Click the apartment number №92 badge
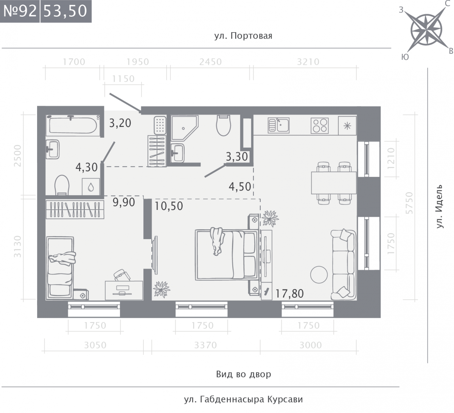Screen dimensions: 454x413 [x=20, y=11]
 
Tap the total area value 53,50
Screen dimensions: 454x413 [x=65, y=11]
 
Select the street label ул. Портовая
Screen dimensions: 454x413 [x=243, y=36]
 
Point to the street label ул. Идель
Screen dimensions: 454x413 [x=439, y=206]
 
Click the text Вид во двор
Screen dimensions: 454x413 [x=244, y=374]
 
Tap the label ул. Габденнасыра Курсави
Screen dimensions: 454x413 [x=243, y=399]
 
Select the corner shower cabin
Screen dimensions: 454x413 [x=185, y=128]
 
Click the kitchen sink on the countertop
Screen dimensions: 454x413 [x=278, y=125]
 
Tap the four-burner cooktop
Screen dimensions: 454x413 [x=320, y=125]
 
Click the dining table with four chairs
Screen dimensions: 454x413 [x=334, y=183]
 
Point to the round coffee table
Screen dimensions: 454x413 [x=319, y=274]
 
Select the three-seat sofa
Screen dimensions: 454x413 [x=344, y=264]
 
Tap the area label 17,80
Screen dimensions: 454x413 [x=289, y=293]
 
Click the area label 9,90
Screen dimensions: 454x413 [x=124, y=202]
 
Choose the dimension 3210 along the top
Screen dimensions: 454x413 [x=308, y=62]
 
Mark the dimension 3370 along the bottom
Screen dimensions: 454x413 [x=205, y=345]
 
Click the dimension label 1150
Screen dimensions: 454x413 [x=123, y=79]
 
